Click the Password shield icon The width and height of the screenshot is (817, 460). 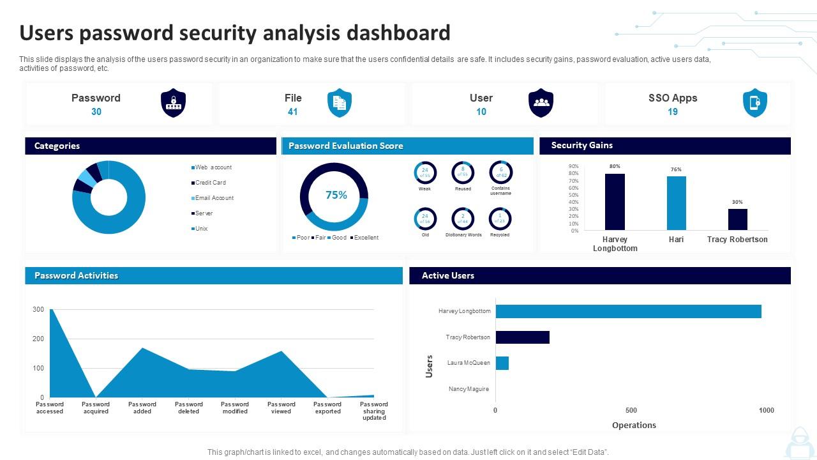[173, 103]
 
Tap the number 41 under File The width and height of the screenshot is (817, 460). [293, 112]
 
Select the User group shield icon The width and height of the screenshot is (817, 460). [541, 103]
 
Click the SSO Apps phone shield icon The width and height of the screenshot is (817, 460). [754, 103]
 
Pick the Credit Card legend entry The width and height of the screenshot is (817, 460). [210, 183]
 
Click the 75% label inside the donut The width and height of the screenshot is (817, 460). [336, 195]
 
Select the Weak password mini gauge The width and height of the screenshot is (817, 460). [424, 172]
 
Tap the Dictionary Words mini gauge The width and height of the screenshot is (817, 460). [463, 218]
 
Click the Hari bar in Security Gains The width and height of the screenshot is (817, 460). [676, 203]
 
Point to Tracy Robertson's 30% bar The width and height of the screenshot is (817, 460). [737, 219]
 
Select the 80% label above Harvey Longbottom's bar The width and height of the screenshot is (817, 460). [615, 166]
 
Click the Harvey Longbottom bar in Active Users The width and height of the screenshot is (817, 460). [628, 311]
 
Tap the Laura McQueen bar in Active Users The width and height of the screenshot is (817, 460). [502, 363]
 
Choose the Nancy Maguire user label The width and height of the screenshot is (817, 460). [468, 389]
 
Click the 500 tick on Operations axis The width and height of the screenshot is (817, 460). [631, 410]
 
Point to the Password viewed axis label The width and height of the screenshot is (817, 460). [281, 408]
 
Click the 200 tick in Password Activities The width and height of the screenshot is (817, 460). [38, 339]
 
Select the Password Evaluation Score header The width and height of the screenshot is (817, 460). [345, 146]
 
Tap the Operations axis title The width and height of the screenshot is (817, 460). [634, 425]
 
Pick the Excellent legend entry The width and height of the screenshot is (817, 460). [366, 238]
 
